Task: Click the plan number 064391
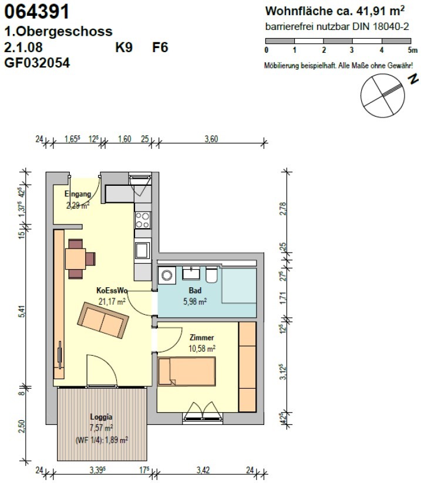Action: click(37, 12)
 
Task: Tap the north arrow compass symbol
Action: click(383, 96)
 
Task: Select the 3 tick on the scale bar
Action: click(352, 50)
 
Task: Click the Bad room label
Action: click(195, 290)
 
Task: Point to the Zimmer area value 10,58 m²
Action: click(202, 348)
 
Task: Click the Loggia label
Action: click(101, 417)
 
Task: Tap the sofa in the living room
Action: click(103, 321)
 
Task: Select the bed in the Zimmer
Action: click(186, 371)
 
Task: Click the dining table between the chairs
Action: click(75, 258)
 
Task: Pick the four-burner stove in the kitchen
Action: click(143, 220)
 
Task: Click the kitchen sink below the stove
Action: click(143, 250)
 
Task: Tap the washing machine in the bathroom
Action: click(167, 275)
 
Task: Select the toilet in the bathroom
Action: click(212, 275)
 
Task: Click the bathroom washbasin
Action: click(191, 273)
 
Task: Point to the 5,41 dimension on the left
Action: click(21, 311)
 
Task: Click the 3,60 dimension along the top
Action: click(211, 139)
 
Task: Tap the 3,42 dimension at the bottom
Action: click(203, 470)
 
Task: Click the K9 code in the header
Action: click(124, 47)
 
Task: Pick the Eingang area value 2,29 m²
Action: click(78, 205)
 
